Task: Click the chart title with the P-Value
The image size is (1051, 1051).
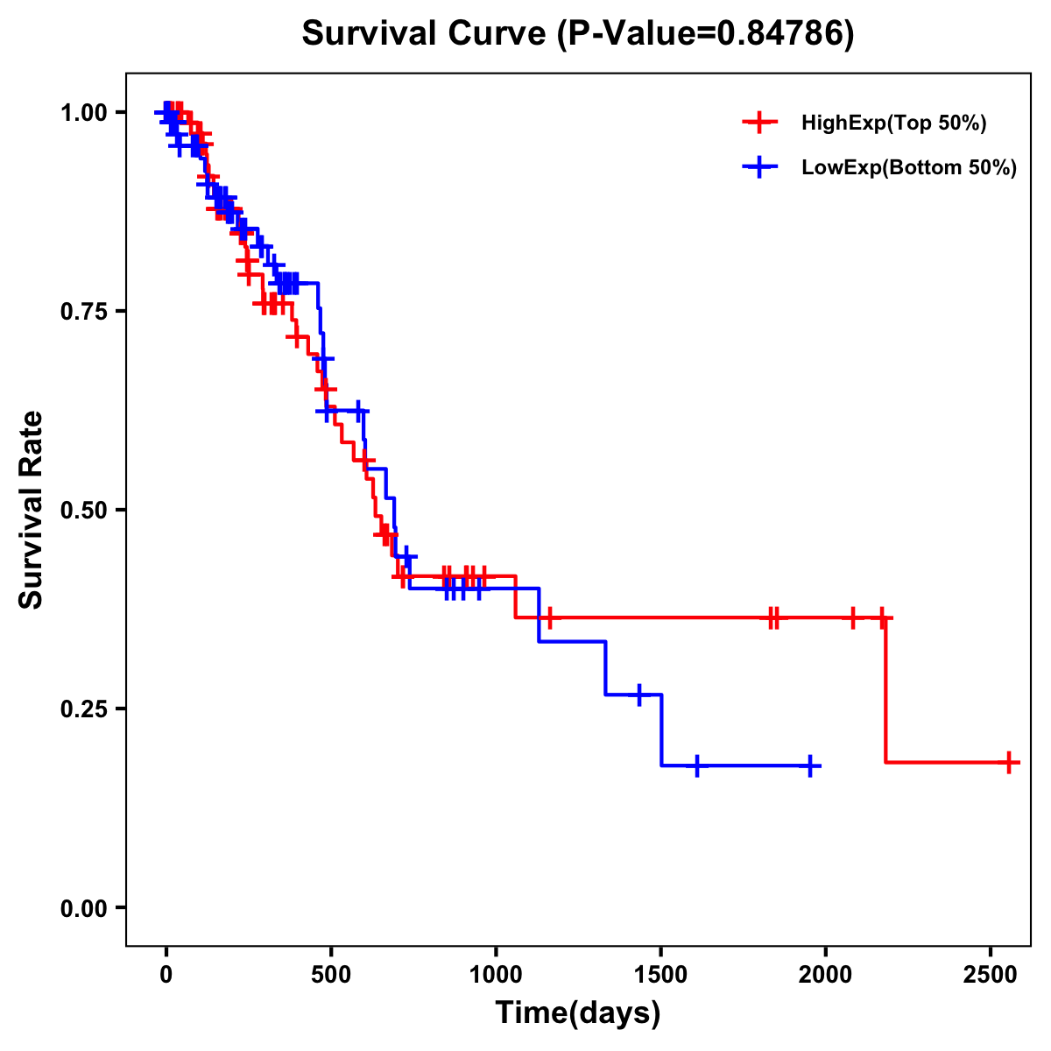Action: point(577,34)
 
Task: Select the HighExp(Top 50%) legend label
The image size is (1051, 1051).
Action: point(894,123)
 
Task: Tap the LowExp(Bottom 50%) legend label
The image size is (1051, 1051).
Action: point(909,168)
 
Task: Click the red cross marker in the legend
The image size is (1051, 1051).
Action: point(759,123)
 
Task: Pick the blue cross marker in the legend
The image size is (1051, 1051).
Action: point(759,167)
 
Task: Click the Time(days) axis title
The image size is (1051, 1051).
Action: point(578,1013)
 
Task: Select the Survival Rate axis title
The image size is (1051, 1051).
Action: point(32,510)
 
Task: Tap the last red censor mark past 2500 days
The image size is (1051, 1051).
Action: point(1009,762)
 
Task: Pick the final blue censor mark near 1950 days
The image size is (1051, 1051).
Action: point(810,765)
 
